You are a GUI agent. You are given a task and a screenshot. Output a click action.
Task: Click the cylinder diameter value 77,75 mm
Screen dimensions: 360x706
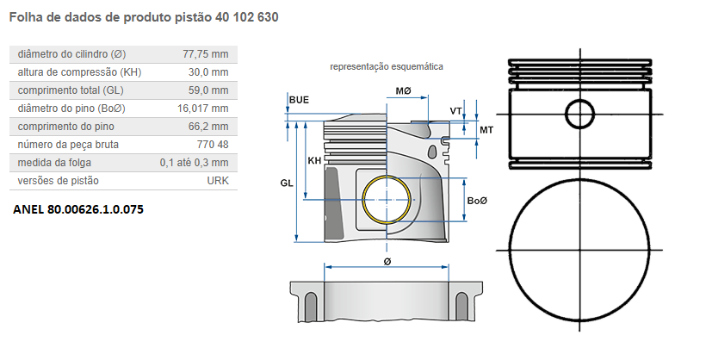tap(205, 53)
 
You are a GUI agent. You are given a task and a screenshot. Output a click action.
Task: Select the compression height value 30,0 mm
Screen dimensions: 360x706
tap(209, 71)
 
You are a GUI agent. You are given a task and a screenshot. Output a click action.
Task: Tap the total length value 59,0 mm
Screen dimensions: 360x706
tap(209, 90)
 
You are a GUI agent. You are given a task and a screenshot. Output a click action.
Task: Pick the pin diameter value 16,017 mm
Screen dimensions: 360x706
tap(203, 109)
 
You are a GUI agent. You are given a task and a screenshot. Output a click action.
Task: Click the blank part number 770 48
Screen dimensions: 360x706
tap(212, 145)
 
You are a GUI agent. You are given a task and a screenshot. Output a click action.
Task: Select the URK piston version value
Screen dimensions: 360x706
tap(218, 181)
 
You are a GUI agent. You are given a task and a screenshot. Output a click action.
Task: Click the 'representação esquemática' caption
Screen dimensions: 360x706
tap(387, 66)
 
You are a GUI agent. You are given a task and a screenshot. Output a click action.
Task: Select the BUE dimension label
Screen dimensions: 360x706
tap(299, 100)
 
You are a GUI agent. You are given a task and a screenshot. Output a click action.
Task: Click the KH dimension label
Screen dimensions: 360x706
tap(315, 161)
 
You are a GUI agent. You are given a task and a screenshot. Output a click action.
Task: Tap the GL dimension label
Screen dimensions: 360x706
tap(287, 183)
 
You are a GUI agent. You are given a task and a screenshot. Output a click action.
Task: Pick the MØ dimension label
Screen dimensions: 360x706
tap(403, 90)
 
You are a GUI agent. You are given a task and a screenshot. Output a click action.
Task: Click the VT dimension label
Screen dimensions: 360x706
tap(455, 111)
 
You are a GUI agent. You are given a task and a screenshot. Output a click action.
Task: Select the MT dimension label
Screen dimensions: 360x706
tap(486, 129)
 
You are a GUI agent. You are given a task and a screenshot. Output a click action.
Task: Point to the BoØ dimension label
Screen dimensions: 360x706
tap(477, 201)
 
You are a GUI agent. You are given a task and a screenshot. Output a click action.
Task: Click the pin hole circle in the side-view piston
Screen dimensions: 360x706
tap(579, 115)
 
